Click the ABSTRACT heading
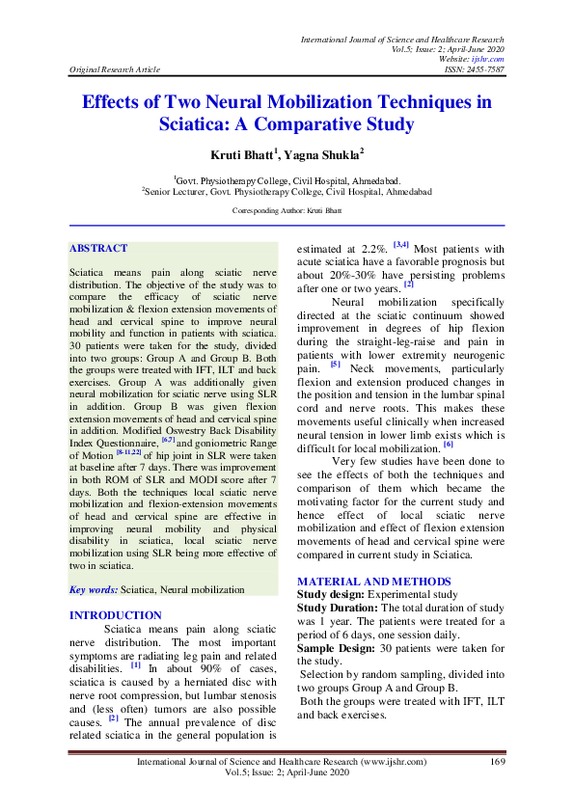pyautogui.click(x=98, y=248)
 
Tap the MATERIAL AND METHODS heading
pyautogui.click(x=374, y=582)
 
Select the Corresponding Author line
pyautogui.click(x=287, y=209)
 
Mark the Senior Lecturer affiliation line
pyautogui.click(x=287, y=191)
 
